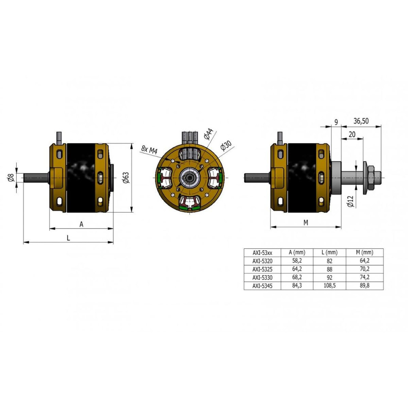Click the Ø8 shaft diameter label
(11, 178)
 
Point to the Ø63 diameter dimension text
(126, 178)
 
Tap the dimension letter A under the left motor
(82, 224)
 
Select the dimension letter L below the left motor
(69, 238)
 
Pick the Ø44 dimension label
(208, 134)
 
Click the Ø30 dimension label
(226, 146)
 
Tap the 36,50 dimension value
(361, 121)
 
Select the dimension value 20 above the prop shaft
(352, 135)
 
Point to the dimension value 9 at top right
(336, 122)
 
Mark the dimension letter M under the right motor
(306, 223)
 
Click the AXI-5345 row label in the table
(262, 286)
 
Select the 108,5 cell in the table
(329, 286)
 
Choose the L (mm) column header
(329, 253)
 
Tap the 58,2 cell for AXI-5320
(297, 260)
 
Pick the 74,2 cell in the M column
(364, 277)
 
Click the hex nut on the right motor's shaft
(373, 178)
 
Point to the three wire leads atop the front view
(190, 137)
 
